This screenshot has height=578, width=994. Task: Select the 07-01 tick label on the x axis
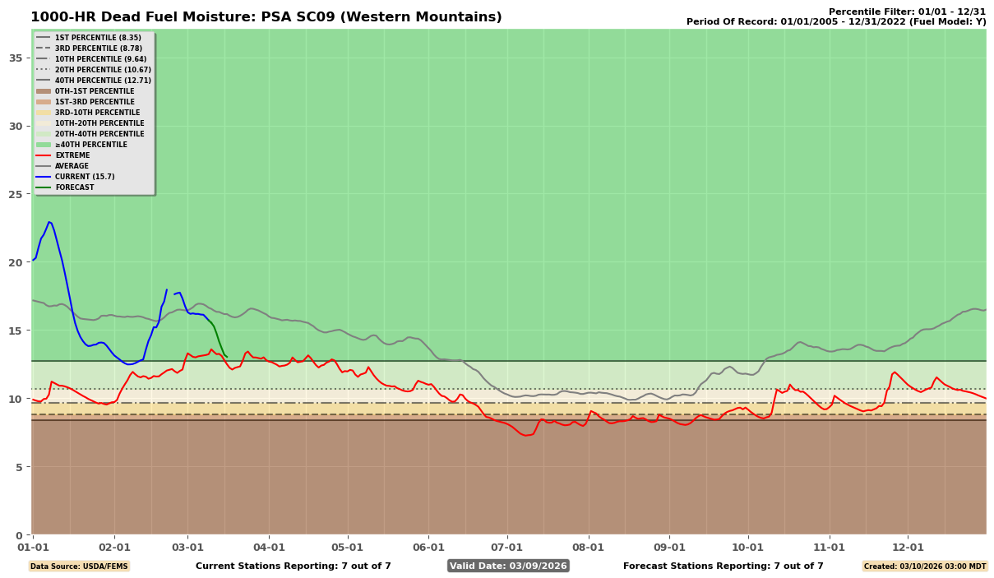506,547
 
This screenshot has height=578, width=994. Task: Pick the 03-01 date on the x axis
187,547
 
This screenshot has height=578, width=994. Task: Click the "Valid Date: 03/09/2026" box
507,566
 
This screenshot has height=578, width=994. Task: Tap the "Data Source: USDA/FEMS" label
79,566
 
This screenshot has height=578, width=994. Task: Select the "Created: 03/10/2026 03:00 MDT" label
924,566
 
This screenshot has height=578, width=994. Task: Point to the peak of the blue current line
49,222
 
